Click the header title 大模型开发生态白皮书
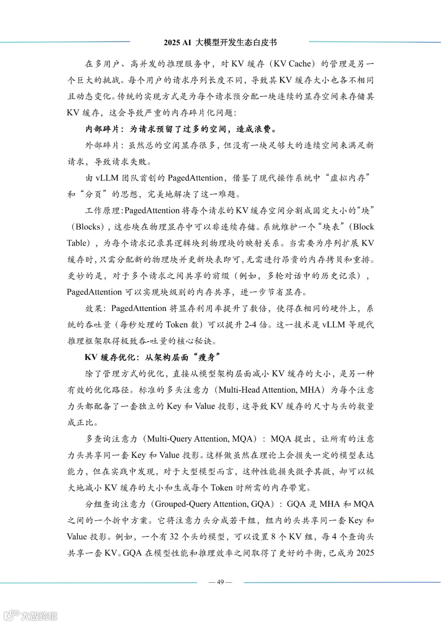[x=236, y=42]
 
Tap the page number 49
[x=220, y=582]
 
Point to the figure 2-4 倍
[x=256, y=325]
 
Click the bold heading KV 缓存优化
[x=109, y=358]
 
